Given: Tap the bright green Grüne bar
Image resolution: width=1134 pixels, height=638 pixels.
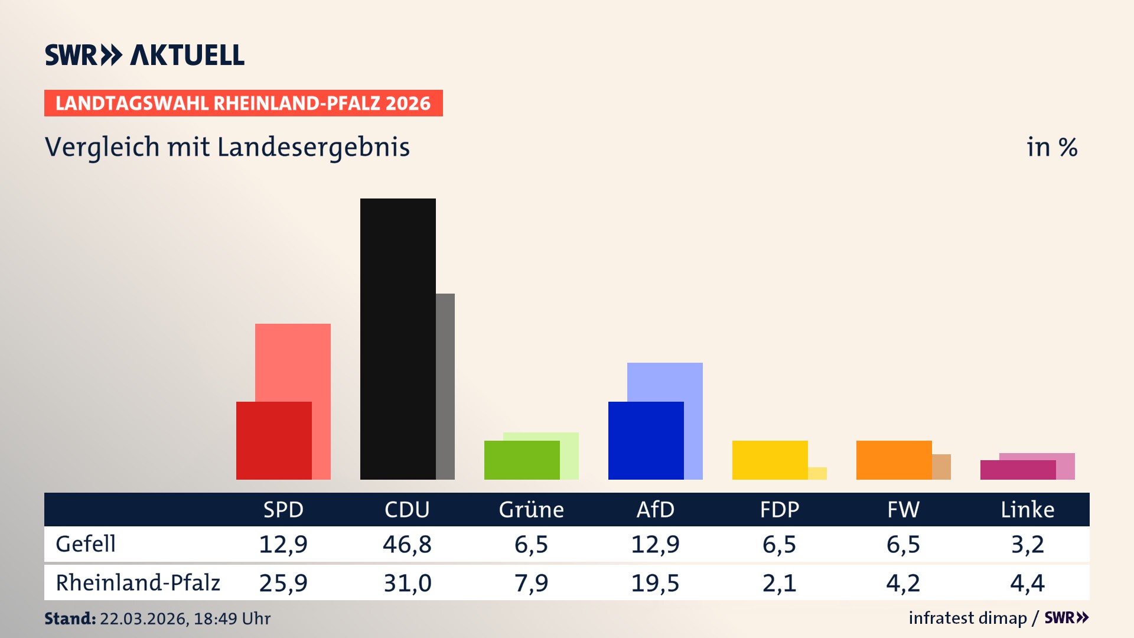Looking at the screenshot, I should click(522, 460).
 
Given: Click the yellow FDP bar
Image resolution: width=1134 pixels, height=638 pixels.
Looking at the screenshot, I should click(770, 460).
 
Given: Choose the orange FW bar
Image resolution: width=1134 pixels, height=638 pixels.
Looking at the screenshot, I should click(894, 460).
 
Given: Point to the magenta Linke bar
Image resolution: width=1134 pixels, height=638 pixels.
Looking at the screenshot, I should click(1018, 470).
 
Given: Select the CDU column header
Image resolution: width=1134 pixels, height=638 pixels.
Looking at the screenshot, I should click(407, 509).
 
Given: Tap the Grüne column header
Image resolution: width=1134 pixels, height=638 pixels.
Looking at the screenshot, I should click(531, 509).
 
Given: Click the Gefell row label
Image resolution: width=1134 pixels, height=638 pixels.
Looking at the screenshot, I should click(86, 544).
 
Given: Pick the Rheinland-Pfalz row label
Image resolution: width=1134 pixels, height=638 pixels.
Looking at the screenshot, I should click(138, 582).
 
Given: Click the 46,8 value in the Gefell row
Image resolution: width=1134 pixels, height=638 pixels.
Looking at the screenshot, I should click(407, 544).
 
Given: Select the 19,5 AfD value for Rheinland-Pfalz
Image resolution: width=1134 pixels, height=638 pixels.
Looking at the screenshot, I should click(655, 583).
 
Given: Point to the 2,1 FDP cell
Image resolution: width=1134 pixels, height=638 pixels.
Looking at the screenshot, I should click(779, 583).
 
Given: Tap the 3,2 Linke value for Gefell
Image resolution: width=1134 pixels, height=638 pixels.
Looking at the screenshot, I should click(1027, 544).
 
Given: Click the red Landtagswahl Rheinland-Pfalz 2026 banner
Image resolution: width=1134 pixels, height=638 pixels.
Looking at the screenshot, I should click(243, 103).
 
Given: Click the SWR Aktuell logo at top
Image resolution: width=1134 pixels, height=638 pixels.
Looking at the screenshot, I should click(145, 55).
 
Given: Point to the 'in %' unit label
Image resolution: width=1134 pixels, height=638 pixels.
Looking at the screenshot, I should click(1051, 147).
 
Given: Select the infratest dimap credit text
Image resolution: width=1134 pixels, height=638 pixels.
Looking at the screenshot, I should click(967, 618).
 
